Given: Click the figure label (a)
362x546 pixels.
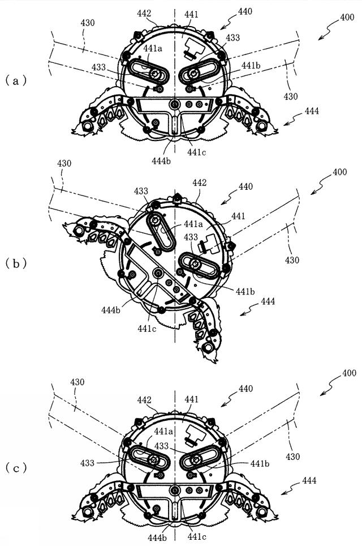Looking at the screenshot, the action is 16,81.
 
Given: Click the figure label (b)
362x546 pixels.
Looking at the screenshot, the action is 16,263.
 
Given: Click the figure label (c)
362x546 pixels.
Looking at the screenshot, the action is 16,468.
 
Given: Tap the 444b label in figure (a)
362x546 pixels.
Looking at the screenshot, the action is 161,161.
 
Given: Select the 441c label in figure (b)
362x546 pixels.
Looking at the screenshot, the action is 146,328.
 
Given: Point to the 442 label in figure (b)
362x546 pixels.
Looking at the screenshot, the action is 199,183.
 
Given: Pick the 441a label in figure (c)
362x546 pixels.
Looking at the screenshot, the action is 163,432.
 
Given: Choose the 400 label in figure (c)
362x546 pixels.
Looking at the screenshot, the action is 349,373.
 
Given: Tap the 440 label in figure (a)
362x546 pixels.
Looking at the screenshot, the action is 245,11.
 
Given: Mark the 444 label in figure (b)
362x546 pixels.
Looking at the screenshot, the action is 268,301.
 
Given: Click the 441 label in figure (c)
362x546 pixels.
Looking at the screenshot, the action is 191,399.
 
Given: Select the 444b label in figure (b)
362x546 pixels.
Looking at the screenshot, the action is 111,309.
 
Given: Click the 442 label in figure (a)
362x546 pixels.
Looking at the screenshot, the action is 144,14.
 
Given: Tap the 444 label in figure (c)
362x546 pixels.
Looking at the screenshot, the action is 309,480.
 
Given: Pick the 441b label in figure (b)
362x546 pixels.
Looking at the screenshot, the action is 245,292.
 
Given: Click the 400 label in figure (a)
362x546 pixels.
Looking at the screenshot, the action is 347,17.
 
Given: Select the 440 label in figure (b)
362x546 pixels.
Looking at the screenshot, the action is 245,187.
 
